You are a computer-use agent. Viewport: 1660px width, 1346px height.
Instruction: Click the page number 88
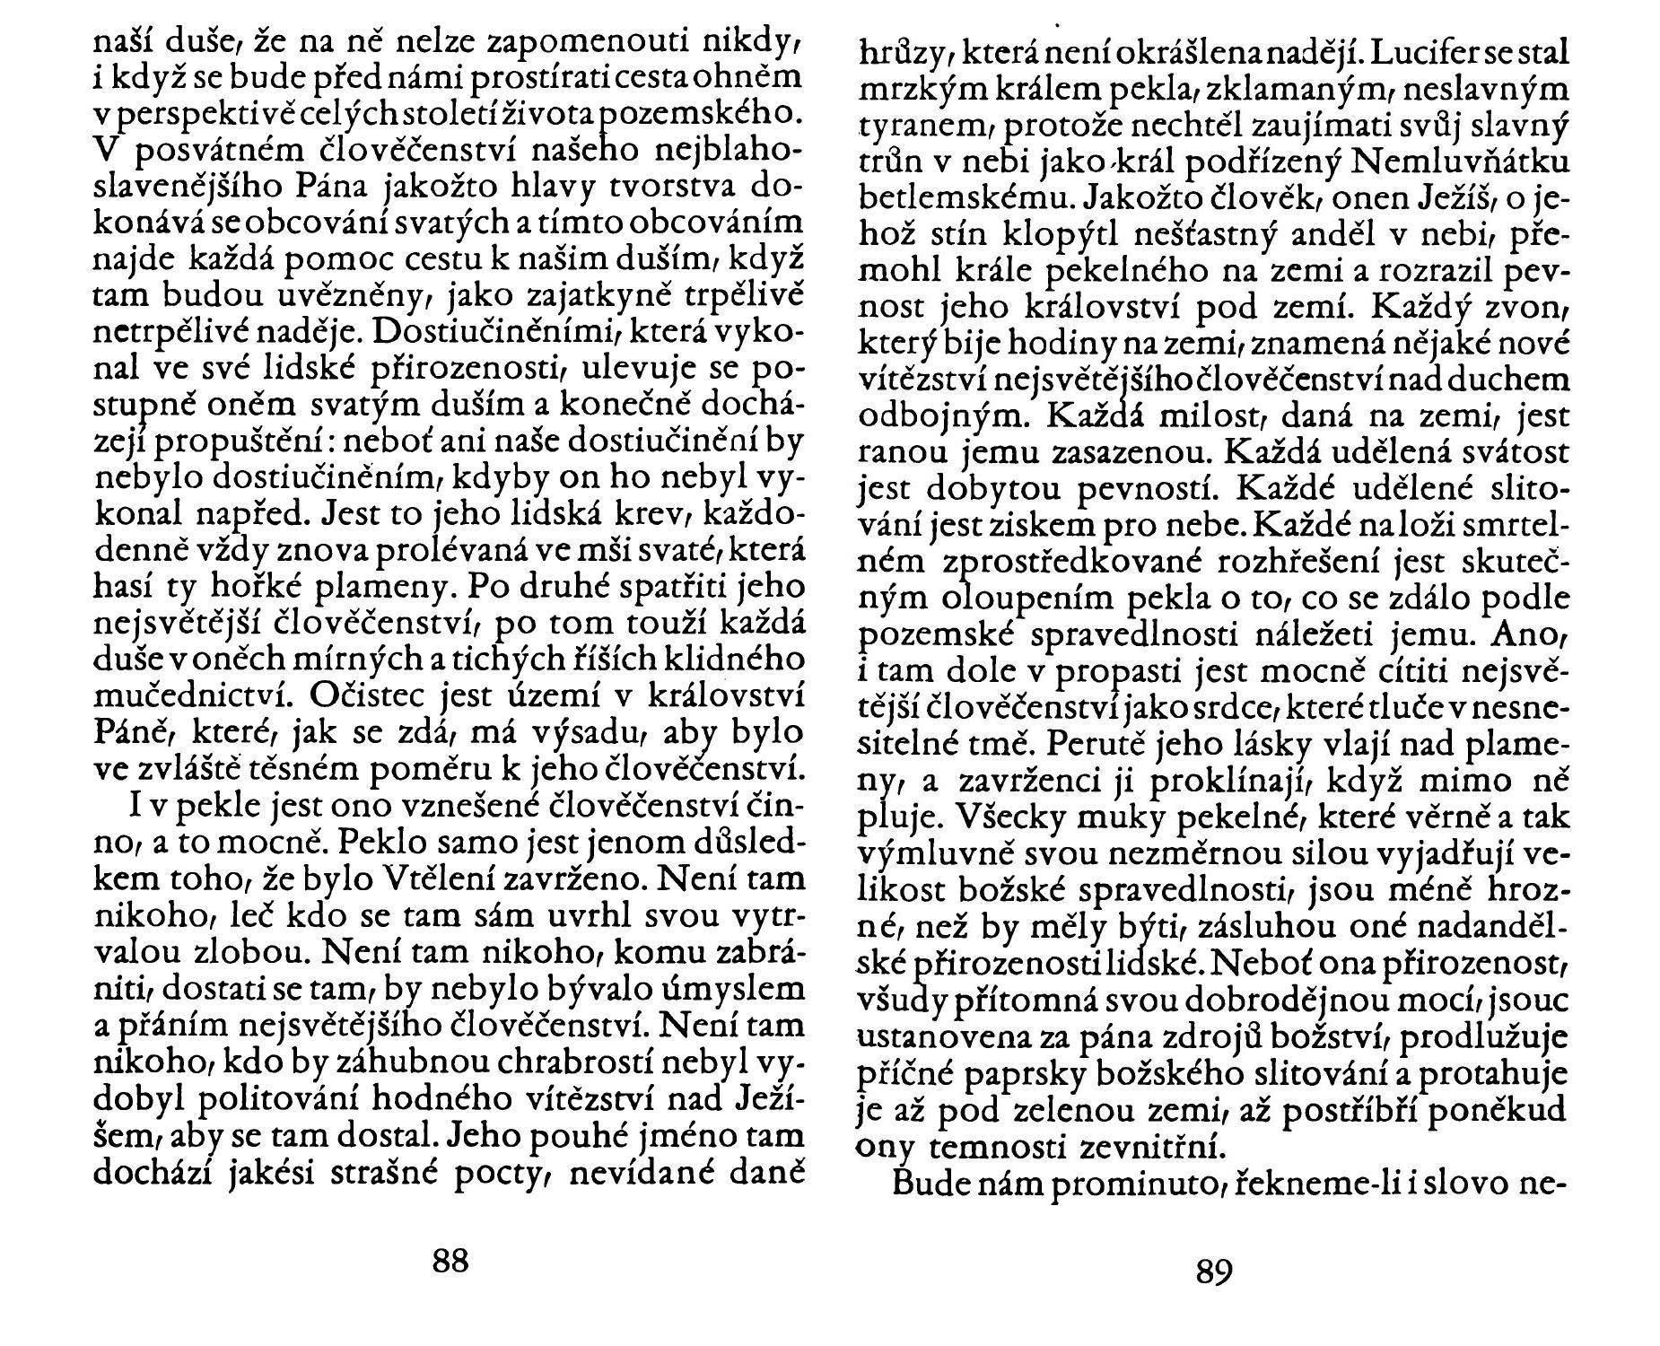[451, 1260]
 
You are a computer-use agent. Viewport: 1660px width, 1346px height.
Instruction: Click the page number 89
[1213, 1272]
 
